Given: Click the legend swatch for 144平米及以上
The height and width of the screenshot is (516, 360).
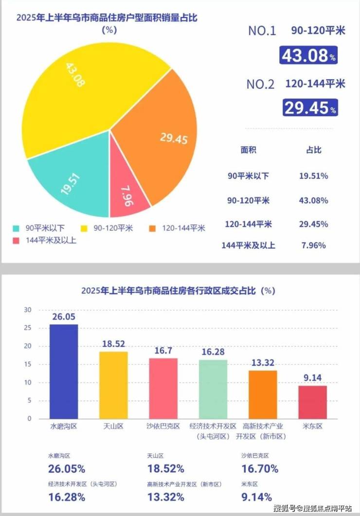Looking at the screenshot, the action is pos(16,241).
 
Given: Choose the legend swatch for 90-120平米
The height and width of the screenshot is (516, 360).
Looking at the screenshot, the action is pos(84,229).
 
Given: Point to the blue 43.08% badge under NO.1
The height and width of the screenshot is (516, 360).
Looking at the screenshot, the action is pos(308,55).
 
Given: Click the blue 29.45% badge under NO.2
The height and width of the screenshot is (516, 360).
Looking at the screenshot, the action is pos(310,107).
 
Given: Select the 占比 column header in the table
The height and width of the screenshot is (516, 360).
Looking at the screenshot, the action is pos(314,150).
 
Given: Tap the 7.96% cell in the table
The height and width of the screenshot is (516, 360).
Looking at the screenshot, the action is pos(314,246).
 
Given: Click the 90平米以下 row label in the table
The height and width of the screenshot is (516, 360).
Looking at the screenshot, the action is pos(248,176).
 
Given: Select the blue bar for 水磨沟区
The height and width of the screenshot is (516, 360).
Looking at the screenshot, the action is pos(64,372).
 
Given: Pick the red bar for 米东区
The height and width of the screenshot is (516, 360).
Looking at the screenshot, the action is pos(313,402).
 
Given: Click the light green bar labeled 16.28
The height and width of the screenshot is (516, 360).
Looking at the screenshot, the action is pos(213,389).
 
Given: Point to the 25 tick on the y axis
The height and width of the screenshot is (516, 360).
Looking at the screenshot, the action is pos(28,328).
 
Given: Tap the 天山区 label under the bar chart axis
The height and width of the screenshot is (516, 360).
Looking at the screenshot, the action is pos(113,427).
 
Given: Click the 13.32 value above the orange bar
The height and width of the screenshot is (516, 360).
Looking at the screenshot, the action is pos(263,363).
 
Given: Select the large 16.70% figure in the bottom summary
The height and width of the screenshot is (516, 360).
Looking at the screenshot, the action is pos(260,469).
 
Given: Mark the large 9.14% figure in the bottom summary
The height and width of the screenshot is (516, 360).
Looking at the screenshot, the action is pos(257,497).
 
